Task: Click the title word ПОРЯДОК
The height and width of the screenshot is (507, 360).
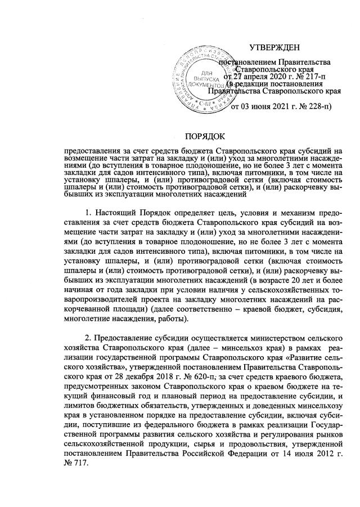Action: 206,136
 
